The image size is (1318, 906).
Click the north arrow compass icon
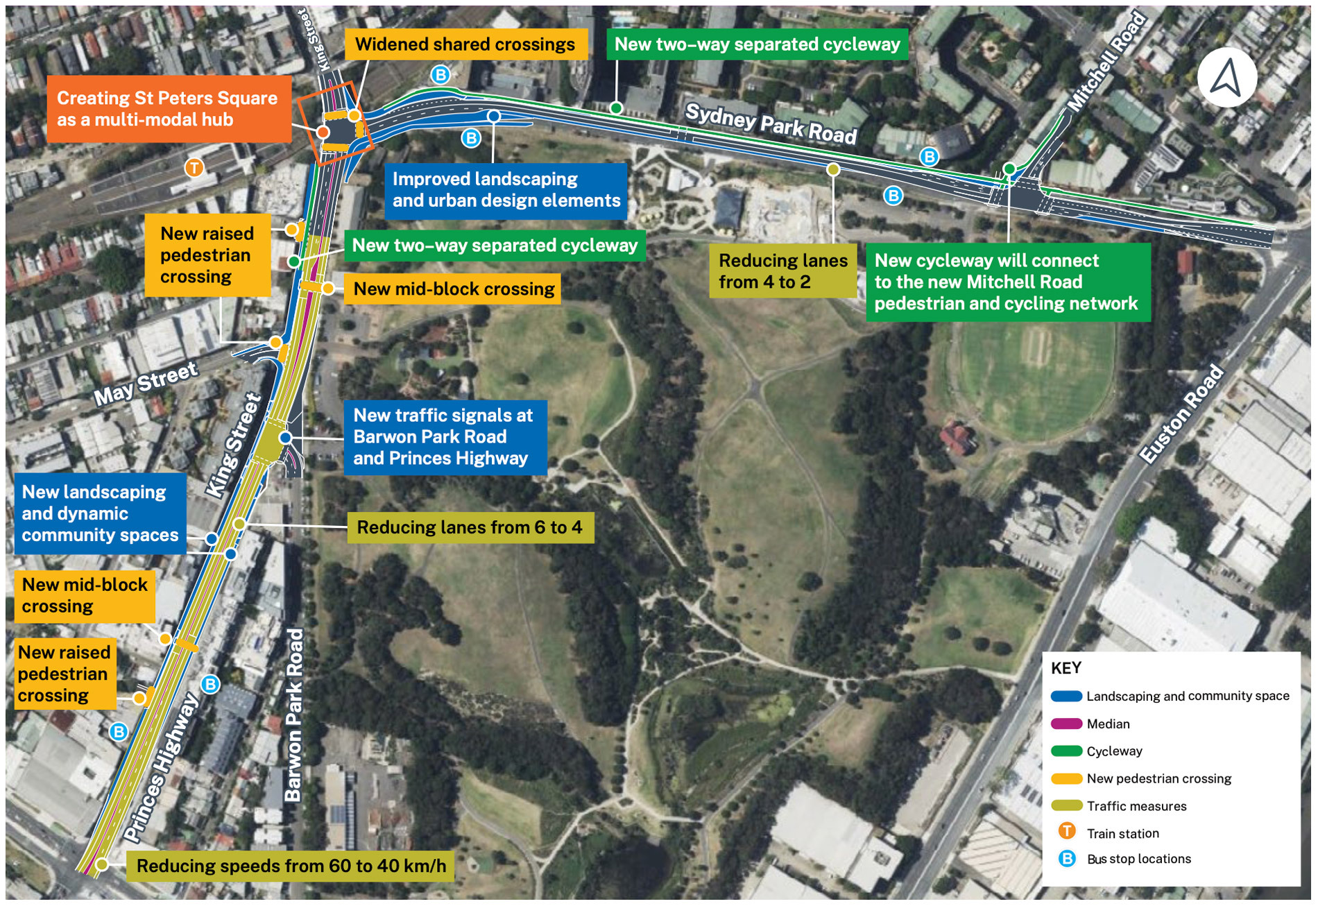coord(1226,77)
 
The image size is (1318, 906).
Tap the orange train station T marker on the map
coord(194,167)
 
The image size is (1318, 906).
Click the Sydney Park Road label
coord(771,124)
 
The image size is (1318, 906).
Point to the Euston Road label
coord(1181,414)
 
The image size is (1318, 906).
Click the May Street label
coord(146,384)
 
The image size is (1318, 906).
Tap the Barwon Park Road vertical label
coord(295,715)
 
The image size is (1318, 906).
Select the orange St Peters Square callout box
coord(169,109)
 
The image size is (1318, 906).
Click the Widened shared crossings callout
coord(465,44)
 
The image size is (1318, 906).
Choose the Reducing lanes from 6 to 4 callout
coord(470,527)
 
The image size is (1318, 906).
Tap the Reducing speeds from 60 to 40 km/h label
coord(291,866)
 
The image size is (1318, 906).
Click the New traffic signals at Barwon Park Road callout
coord(444,437)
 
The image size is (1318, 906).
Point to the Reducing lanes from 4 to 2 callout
coord(782,271)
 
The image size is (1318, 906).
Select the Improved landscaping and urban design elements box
coord(506,190)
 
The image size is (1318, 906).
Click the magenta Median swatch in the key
coord(1066,724)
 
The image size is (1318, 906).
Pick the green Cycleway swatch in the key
coord(1066,751)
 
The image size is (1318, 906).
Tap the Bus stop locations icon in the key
coord(1067,859)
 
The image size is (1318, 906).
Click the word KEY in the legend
coord(1066,668)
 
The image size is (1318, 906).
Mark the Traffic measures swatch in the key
coord(1066,805)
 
